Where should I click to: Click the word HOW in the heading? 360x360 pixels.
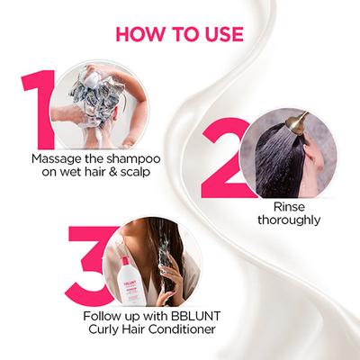(x=141, y=34)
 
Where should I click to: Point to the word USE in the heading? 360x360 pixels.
(x=220, y=34)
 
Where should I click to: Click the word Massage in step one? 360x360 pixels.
(x=56, y=159)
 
